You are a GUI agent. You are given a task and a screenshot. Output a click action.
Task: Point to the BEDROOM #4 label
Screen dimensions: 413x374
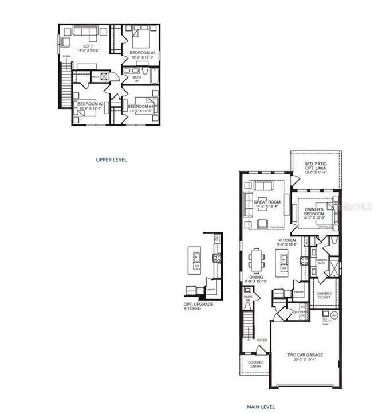pos(140,107)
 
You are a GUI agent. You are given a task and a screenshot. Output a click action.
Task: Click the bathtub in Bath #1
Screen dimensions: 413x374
pos(147,75)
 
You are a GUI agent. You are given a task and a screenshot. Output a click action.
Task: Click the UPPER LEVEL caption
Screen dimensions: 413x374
pos(112,159)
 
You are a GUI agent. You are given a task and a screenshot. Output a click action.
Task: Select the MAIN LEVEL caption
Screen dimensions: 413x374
pos(261,407)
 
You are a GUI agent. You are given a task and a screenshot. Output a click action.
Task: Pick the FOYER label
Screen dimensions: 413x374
pos(262,340)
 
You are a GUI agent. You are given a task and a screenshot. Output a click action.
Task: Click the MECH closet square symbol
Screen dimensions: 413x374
pos(104,76)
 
